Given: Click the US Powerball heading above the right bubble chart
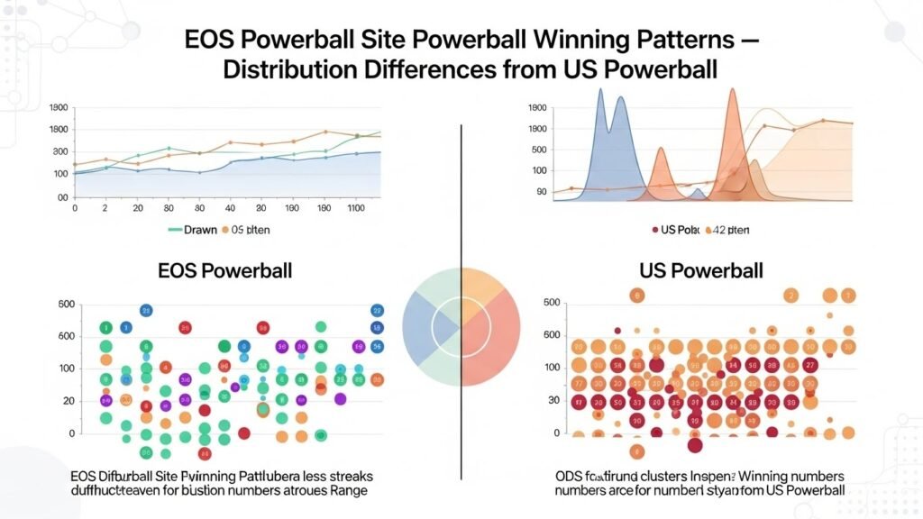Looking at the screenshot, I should (700, 269).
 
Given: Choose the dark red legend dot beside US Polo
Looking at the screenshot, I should (654, 230).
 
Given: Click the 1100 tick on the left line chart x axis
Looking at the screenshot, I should (356, 208).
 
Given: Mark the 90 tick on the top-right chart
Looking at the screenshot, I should (541, 192).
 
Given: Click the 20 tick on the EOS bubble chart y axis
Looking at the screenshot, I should (66, 400).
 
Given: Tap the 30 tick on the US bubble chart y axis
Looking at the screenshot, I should (551, 400).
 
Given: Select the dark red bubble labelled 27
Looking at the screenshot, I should (810, 365).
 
